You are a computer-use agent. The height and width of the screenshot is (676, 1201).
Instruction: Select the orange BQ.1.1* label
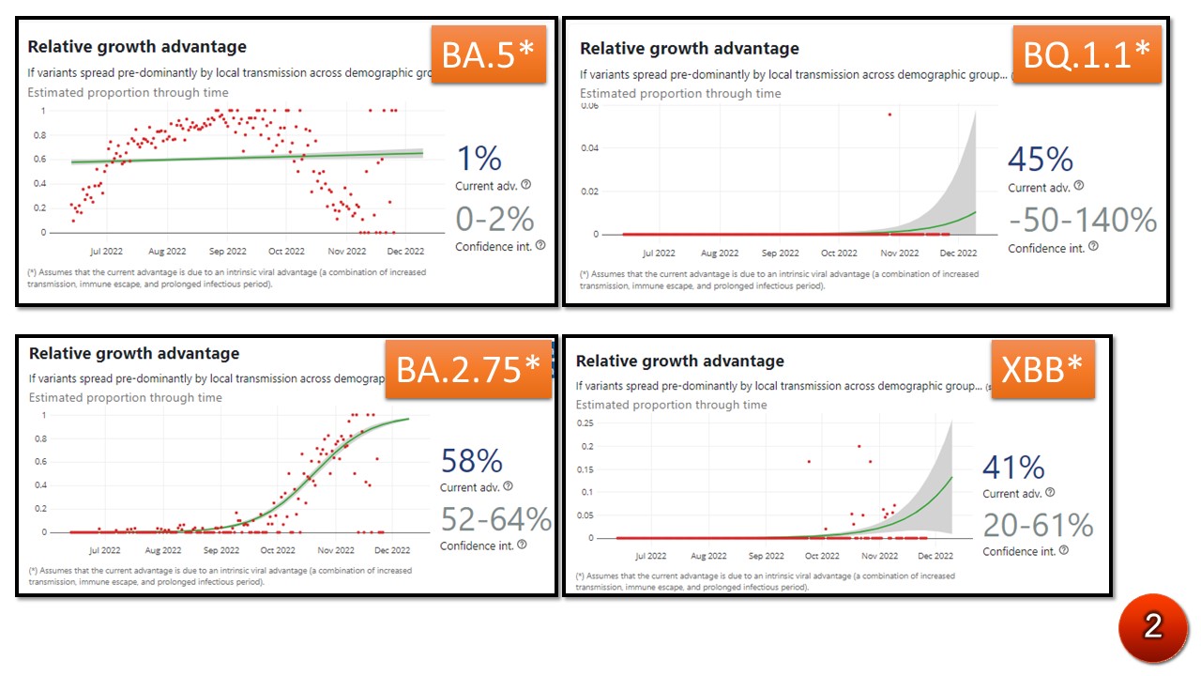click(x=1087, y=55)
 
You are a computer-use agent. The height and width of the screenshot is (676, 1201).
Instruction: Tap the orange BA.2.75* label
click(x=468, y=369)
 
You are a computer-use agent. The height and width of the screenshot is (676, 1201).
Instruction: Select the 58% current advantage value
click(x=471, y=461)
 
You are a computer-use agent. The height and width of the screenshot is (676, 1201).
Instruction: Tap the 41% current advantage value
click(x=1012, y=468)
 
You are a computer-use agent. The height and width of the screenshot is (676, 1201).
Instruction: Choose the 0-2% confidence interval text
click(x=494, y=220)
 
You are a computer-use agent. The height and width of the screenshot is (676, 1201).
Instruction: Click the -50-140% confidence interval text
click(x=1083, y=221)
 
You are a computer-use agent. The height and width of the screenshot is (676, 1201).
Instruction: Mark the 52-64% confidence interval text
click(x=495, y=519)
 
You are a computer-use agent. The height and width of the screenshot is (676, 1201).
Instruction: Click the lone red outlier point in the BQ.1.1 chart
click(x=889, y=115)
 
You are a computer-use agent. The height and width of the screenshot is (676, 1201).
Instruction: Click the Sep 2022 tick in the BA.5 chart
click(x=227, y=252)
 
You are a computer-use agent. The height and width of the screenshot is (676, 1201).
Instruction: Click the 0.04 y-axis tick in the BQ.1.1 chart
click(x=588, y=148)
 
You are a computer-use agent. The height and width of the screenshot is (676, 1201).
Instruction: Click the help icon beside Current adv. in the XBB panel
click(x=1050, y=492)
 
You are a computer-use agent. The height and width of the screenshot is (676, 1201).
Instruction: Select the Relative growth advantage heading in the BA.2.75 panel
click(x=134, y=354)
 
